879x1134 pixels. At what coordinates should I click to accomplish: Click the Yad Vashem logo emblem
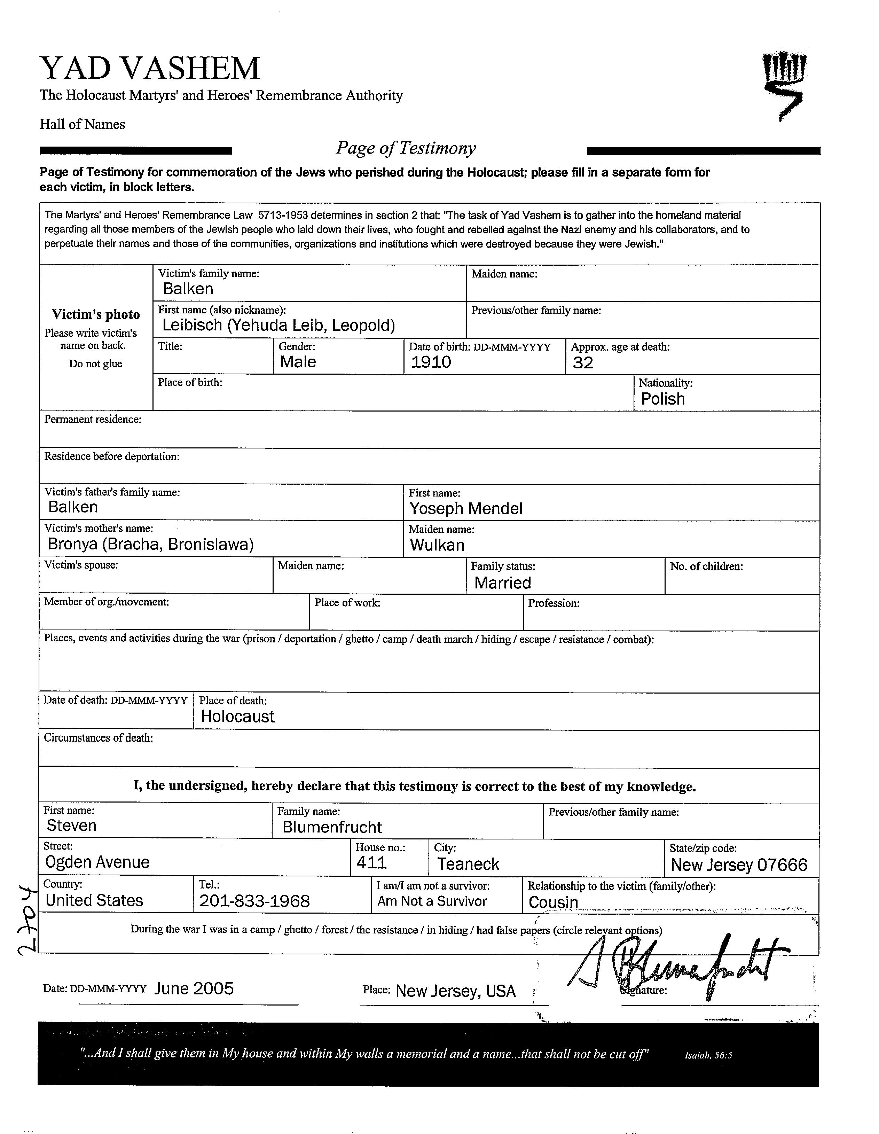tap(784, 86)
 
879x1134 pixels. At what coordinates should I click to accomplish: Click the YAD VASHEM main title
tap(150, 69)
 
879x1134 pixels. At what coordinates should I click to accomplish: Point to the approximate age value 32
tap(582, 362)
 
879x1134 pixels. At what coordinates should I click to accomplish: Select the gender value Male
tap(298, 362)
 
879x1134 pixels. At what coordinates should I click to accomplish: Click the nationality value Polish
tap(662, 399)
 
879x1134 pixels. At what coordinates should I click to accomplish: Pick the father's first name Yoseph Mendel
tap(466, 508)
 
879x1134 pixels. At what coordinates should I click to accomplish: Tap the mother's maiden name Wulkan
tap(437, 545)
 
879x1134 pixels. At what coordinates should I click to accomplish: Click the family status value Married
tap(502, 582)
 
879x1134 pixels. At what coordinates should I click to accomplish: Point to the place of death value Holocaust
tap(237, 717)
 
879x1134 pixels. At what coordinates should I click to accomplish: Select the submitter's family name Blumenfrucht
tap(332, 827)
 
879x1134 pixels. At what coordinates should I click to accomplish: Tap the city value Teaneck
tap(468, 864)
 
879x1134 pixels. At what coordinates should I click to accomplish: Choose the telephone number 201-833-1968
tap(254, 901)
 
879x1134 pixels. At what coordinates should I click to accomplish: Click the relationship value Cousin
tap(553, 902)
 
